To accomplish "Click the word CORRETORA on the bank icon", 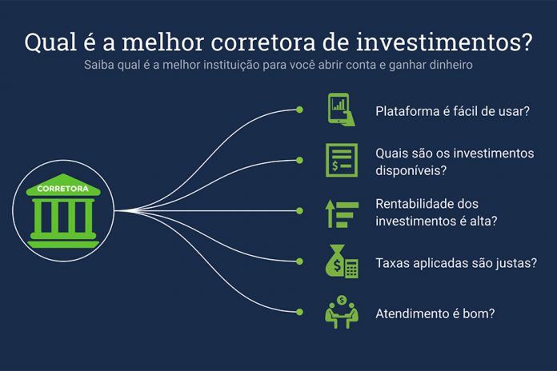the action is tap(63, 189).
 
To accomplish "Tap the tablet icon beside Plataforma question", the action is tap(341, 110).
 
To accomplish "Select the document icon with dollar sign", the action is tap(342, 160).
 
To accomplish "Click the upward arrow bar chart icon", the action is tap(342, 213).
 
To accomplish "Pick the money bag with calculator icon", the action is tap(342, 261).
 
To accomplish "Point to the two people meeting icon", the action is tap(342, 312).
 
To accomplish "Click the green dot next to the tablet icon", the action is tap(299, 110).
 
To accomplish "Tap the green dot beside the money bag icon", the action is tap(299, 261).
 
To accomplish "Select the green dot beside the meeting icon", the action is tap(299, 312).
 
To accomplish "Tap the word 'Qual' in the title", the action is tap(50, 42).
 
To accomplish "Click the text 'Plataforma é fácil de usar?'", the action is tap(453, 111).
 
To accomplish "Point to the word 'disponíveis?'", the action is tap(411, 170).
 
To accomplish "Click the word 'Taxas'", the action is tap(392, 263).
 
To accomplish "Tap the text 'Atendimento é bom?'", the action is tap(435, 314).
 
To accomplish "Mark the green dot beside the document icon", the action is tap(299, 161).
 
